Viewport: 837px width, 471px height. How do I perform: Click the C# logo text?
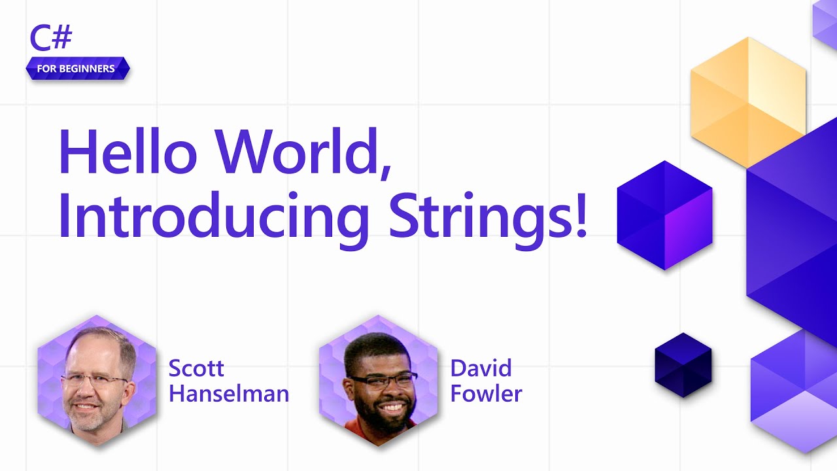(51, 39)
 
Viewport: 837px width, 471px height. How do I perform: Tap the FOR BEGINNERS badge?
(77, 69)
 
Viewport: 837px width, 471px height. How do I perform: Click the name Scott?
(196, 368)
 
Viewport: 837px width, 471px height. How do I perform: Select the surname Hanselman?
(229, 394)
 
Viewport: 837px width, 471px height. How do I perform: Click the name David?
(481, 368)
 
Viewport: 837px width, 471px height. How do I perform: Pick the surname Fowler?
(486, 394)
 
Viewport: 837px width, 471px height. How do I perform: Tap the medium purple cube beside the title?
(665, 215)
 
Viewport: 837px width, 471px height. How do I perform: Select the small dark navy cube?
(683, 365)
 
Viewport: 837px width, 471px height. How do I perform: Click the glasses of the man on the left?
(95, 380)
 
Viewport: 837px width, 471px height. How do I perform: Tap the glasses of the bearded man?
(383, 380)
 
